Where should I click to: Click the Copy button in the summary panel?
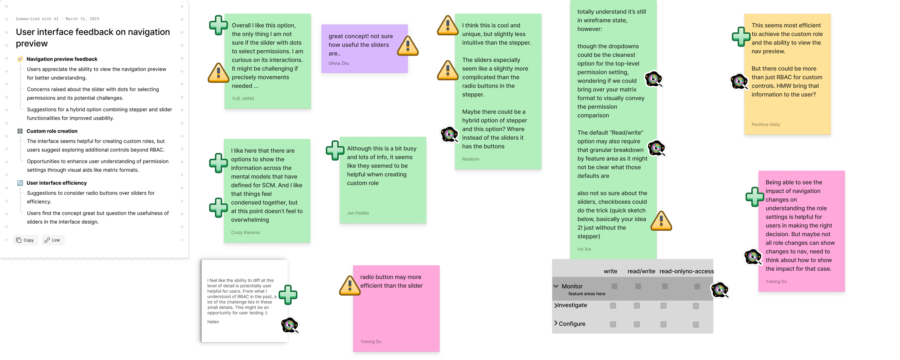click(25, 240)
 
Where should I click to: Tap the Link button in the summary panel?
click(53, 240)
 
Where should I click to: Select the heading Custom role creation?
click(52, 131)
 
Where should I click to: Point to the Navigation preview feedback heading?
click(62, 59)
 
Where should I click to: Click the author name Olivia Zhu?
click(339, 63)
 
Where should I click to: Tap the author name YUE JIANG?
click(243, 99)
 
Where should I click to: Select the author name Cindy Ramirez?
click(246, 233)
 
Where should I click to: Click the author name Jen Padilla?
click(358, 213)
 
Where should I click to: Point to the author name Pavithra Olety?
click(766, 125)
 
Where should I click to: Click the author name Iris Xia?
click(584, 249)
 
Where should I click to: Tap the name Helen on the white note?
click(213, 322)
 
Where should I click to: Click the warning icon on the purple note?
click(408, 46)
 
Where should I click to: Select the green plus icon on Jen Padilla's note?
click(335, 150)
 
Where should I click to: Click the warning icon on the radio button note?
click(350, 285)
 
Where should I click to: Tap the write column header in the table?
click(610, 271)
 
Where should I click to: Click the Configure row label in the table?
click(572, 324)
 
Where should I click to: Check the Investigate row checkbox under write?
click(613, 306)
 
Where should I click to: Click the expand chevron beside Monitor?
click(556, 286)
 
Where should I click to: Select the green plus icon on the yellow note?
click(741, 37)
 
